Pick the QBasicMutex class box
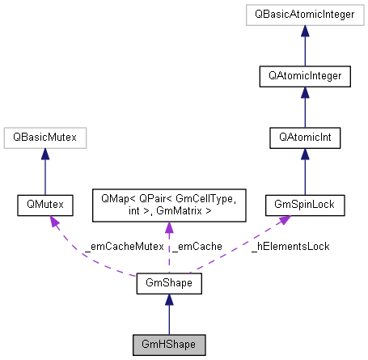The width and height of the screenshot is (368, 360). [44, 138]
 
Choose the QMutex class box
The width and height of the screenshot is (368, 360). [44, 206]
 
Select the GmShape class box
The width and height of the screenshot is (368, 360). [168, 284]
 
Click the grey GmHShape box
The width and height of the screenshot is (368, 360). [168, 345]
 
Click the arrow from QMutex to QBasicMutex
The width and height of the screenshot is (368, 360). [44, 172]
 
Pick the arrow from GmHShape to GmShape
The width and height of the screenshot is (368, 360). [168, 315]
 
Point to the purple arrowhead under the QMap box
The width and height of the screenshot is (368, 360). [168, 230]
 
